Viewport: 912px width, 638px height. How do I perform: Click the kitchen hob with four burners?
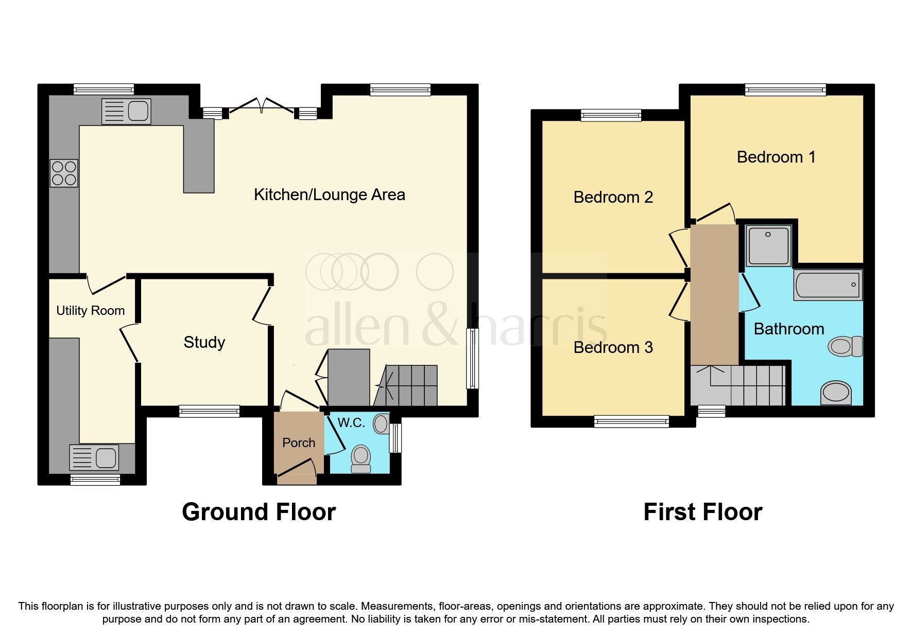click(64, 173)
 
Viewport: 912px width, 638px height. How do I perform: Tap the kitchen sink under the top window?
click(126, 111)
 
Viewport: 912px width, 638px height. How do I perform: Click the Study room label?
click(204, 342)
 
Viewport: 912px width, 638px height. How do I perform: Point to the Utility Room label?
click(90, 311)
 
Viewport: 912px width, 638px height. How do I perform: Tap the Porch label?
click(299, 442)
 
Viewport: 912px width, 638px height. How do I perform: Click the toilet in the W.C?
click(360, 458)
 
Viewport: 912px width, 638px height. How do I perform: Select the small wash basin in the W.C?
click(381, 424)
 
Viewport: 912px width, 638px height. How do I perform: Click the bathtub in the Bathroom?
click(828, 285)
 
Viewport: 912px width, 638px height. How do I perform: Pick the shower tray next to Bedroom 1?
click(769, 245)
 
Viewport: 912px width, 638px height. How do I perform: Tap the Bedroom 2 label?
click(613, 197)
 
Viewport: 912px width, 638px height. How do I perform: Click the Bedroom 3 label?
click(613, 347)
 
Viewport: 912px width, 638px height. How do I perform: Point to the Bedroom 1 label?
click(776, 157)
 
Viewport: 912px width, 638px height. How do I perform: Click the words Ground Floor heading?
click(259, 512)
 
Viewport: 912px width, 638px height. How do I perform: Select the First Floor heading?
click(702, 512)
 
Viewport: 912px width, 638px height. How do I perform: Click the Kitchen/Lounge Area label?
click(330, 194)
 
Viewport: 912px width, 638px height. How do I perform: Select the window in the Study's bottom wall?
click(209, 411)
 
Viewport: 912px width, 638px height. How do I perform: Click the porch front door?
click(297, 472)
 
